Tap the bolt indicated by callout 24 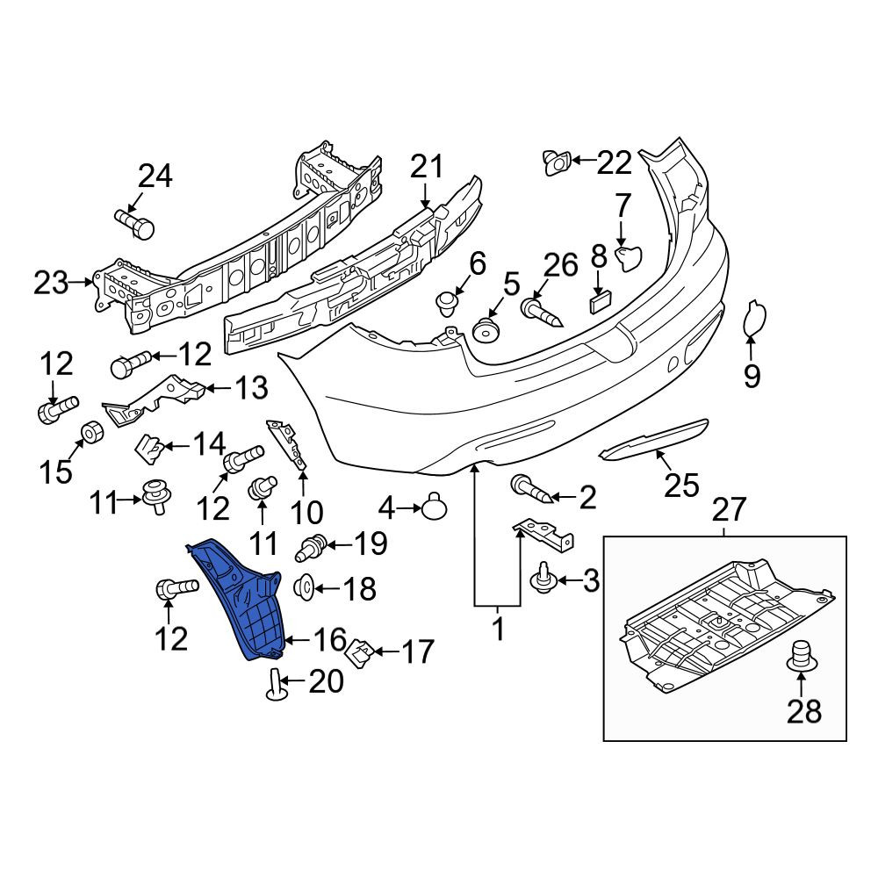135,223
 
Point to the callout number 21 427,166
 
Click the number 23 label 51,283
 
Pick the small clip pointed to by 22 557,162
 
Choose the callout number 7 623,205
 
